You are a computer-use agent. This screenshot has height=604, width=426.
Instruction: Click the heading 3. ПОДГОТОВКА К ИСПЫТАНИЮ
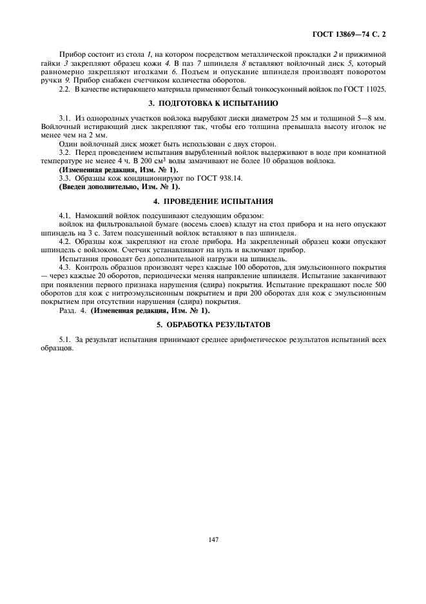(213, 104)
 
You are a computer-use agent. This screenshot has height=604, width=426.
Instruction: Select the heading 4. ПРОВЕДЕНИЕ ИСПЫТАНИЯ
(213, 201)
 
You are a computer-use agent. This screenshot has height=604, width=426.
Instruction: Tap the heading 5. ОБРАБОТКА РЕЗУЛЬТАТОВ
(213, 323)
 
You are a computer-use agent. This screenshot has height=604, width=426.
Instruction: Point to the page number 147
(213, 539)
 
